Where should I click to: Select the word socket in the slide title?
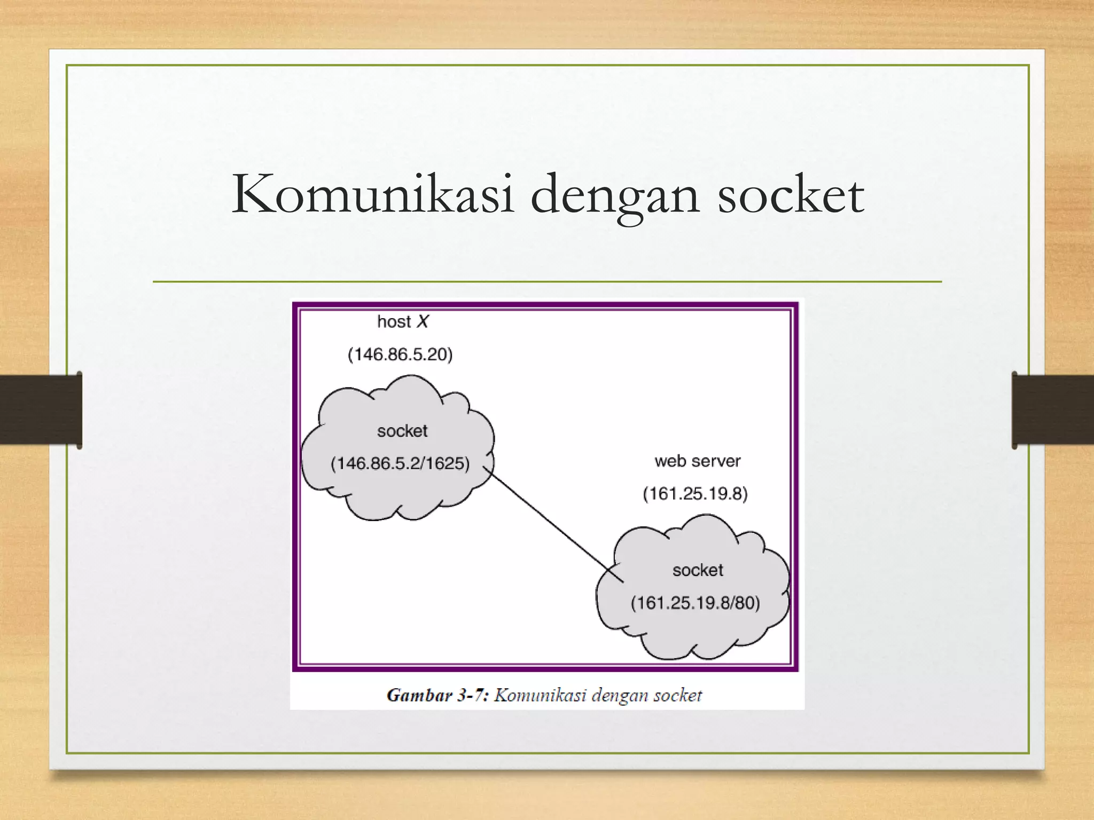pos(791,194)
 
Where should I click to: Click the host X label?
pos(402,321)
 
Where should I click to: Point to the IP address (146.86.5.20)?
pos(400,354)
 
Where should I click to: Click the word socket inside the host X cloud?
pos(402,431)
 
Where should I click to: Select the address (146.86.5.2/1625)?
pos(400,463)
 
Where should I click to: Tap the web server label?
pos(697,461)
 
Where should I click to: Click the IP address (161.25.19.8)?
pos(695,493)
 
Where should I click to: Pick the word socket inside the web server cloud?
pos(698,570)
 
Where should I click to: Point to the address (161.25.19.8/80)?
pos(695,603)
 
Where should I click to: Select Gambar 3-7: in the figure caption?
pos(437,695)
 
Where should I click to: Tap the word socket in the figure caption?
pos(677,695)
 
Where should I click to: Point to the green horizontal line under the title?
pos(547,281)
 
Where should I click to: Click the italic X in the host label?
pos(423,321)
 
